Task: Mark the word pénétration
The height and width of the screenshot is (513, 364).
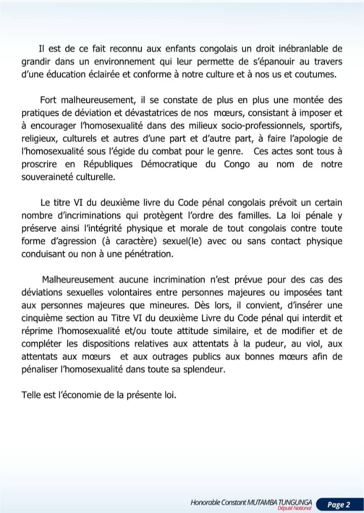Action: [x=146, y=254]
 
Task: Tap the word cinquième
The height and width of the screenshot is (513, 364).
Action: [x=42, y=318]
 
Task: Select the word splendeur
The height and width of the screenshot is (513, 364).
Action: [x=201, y=369]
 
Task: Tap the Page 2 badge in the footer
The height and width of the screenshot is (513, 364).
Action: [x=338, y=504]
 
